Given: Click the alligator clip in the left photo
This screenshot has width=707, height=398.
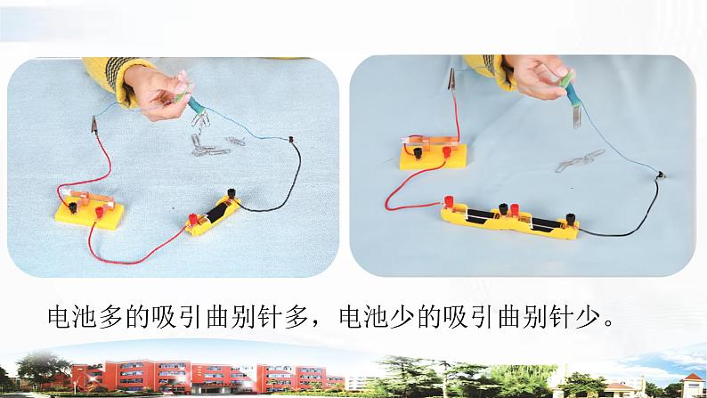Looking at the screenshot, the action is pyautogui.click(x=94, y=125).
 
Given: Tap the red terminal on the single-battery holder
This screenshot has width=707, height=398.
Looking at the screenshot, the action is pyautogui.click(x=193, y=220).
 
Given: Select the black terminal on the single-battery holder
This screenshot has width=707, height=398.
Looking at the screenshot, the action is pyautogui.click(x=232, y=195).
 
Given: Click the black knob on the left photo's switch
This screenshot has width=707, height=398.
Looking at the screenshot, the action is pyautogui.click(x=73, y=207).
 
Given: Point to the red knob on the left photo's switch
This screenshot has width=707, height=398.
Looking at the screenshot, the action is pyautogui.click(x=99, y=210).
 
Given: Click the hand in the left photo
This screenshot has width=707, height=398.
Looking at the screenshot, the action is pyautogui.click(x=158, y=93).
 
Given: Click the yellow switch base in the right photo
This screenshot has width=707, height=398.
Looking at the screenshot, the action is pyautogui.click(x=433, y=157).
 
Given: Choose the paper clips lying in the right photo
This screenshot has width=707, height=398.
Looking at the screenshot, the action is pyautogui.click(x=580, y=160).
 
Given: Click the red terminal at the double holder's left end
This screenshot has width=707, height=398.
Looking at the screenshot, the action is pyautogui.click(x=449, y=201).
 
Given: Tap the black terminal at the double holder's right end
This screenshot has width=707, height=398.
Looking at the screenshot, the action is pyautogui.click(x=571, y=220).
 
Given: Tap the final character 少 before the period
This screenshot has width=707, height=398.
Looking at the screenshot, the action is pyautogui.click(x=591, y=317).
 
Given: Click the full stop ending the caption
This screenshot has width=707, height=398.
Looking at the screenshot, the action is pyautogui.click(x=609, y=324).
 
